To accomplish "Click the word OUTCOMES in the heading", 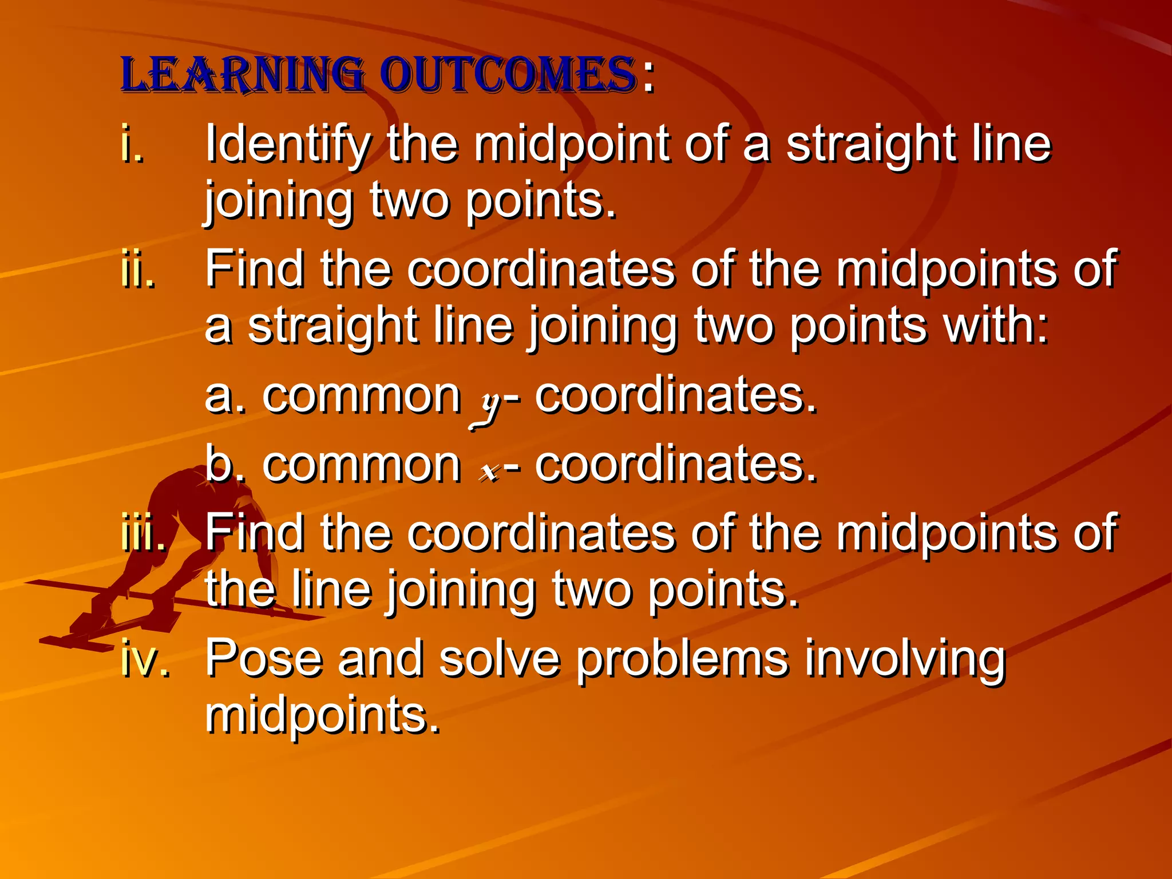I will pos(508,76).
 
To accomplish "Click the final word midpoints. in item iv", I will pos(323,715).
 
